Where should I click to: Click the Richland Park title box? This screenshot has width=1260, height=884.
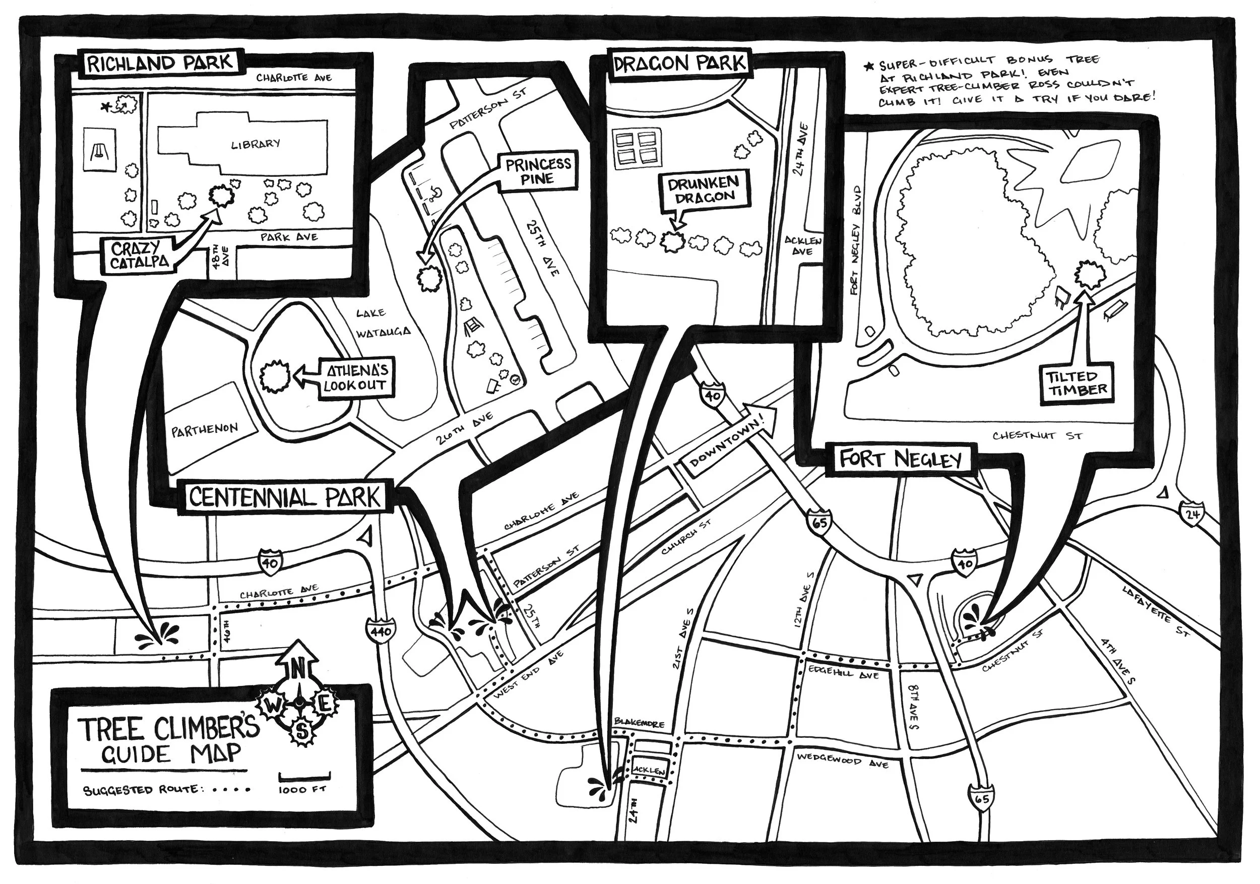click(x=160, y=63)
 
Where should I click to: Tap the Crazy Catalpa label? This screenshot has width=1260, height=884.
click(x=136, y=256)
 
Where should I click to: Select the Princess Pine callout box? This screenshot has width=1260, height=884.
click(x=538, y=171)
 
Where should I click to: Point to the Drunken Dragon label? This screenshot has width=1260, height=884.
click(x=704, y=190)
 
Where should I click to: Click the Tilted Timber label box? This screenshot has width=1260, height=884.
click(x=1076, y=384)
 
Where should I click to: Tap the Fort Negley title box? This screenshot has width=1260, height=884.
click(x=901, y=459)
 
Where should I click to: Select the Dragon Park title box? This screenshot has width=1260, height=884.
click(x=680, y=64)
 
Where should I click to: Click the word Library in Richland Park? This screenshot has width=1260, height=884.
click(x=255, y=144)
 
